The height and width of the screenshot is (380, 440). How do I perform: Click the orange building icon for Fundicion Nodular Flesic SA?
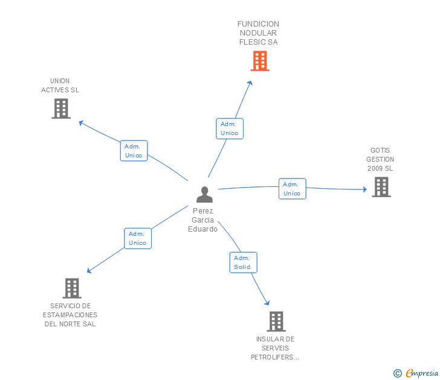pyautogui.click(x=259, y=61)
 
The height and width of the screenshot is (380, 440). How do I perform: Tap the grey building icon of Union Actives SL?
pyautogui.click(x=61, y=109)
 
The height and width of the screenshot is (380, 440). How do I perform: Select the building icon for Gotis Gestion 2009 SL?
pyautogui.click(x=381, y=187)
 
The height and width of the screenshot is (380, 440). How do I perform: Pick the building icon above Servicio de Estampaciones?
pyautogui.click(x=72, y=288)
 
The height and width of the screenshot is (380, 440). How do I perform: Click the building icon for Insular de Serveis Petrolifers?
pyautogui.click(x=276, y=321)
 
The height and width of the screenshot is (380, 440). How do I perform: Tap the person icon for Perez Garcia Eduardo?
pyautogui.click(x=205, y=194)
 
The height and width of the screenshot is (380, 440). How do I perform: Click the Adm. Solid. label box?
pyautogui.click(x=244, y=262)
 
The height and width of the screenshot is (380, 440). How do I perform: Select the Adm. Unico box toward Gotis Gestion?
pyautogui.click(x=292, y=189)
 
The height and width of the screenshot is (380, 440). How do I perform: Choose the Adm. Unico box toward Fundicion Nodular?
pyautogui.click(x=230, y=128)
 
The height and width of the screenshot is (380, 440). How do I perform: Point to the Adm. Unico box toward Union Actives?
pyautogui.click(x=134, y=151)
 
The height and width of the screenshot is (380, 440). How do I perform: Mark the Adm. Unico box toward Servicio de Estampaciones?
pyautogui.click(x=138, y=238)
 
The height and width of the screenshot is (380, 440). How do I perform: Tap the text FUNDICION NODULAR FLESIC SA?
pyautogui.click(x=258, y=33)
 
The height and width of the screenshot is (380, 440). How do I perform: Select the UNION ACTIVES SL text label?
pyautogui.click(x=60, y=86)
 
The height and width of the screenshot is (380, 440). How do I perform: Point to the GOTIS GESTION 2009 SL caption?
pyautogui.click(x=380, y=159)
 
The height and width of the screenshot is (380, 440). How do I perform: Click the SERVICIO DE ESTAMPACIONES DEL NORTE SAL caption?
pyautogui.click(x=70, y=315)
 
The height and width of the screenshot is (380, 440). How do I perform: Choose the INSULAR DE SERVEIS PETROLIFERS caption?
pyautogui.click(x=275, y=348)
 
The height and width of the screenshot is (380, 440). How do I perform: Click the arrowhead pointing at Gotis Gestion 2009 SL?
pyautogui.click(x=364, y=189)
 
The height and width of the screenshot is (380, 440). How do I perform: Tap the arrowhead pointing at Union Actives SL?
pyautogui.click(x=82, y=123)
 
